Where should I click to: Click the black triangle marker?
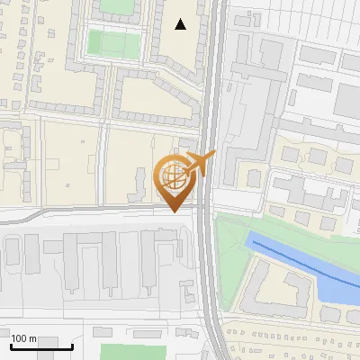tap(181, 24)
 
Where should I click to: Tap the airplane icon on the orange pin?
tap(198, 164)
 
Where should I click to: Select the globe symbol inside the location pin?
tap(172, 173)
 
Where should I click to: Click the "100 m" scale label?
tap(24, 338)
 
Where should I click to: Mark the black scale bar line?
tap(41, 346)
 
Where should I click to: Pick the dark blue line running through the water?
tap(297, 257)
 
